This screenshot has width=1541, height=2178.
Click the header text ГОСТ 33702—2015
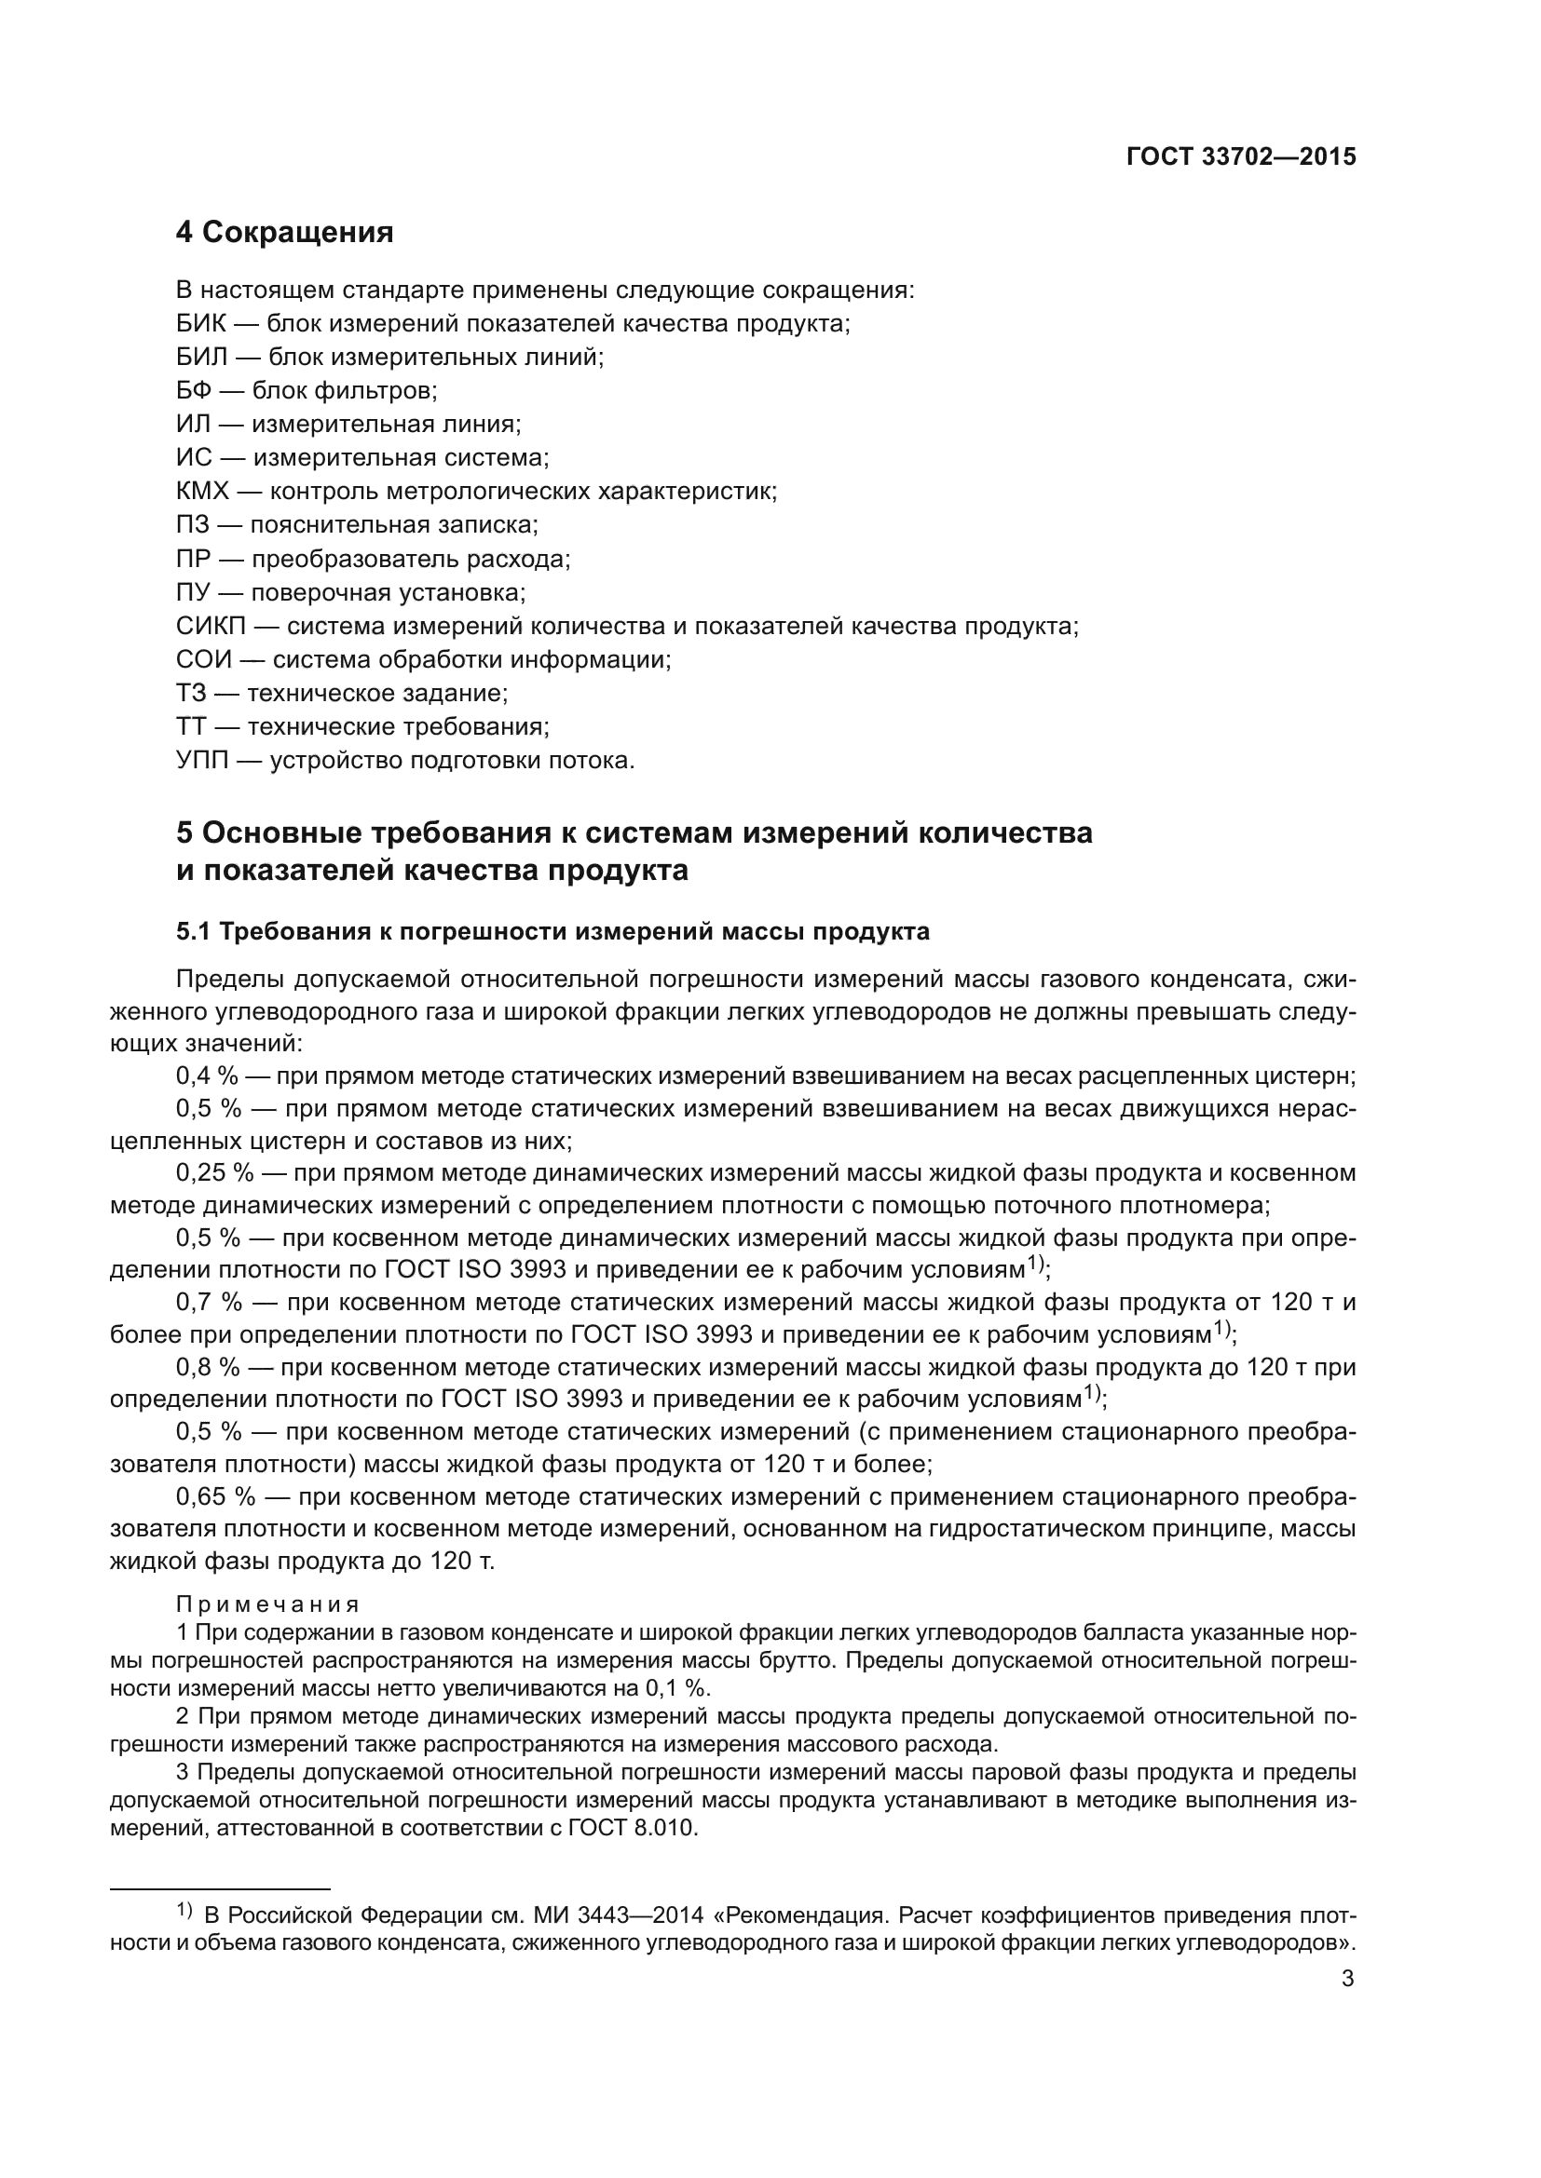point(1240,157)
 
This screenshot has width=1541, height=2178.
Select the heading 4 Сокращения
point(285,233)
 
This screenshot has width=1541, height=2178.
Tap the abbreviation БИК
point(201,323)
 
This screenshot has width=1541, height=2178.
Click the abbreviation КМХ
point(203,492)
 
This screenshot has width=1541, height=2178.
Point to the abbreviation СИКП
point(211,626)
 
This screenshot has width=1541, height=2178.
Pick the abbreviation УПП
point(202,761)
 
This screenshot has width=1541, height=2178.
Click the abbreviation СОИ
point(204,659)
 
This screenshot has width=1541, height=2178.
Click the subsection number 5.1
point(194,932)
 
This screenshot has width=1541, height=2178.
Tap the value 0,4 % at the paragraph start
point(207,1076)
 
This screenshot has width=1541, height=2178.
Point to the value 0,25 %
point(214,1173)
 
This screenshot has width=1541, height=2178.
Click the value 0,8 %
point(207,1367)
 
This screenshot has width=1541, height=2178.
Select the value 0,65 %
point(215,1497)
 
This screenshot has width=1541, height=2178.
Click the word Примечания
point(267,1604)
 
